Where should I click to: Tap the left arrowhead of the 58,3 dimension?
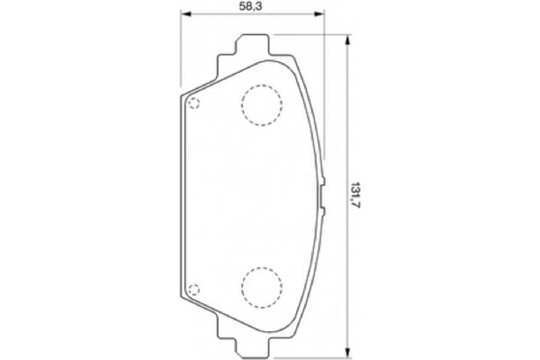click(x=185, y=13)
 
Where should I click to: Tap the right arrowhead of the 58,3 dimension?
click(x=319, y=13)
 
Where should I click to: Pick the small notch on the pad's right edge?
click(x=321, y=193)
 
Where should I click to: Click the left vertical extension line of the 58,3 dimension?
click(x=181, y=54)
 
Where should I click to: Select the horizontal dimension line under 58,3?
click(x=270, y=13)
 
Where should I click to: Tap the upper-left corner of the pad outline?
click(x=184, y=94)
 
